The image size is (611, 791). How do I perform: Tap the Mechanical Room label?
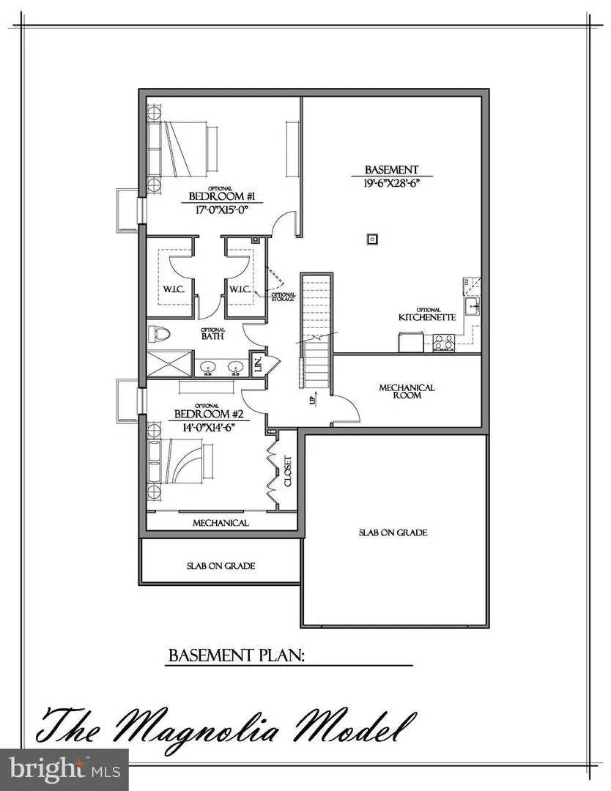tap(407, 391)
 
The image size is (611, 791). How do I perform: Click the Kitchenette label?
tap(427, 317)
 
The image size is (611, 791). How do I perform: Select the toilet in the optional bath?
tap(157, 334)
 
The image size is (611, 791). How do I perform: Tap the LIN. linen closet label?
tap(258, 364)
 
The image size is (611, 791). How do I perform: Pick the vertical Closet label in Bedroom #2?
tap(287, 473)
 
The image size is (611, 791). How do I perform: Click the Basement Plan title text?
tap(236, 655)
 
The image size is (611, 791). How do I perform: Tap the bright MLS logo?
tap(64, 769)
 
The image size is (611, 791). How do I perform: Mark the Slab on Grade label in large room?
tap(393, 532)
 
